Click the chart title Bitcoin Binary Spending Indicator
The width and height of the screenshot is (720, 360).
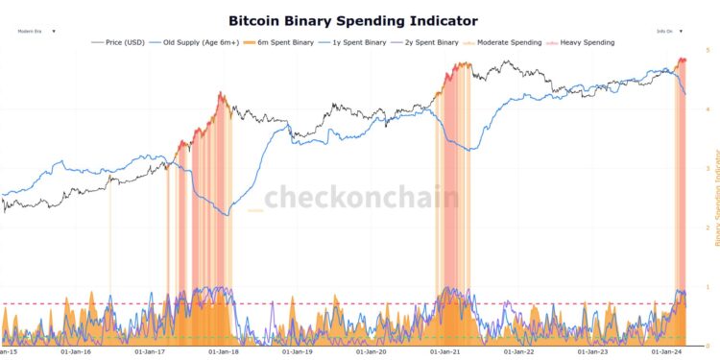[x=352, y=20]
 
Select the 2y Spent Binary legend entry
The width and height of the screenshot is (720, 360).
[x=427, y=42]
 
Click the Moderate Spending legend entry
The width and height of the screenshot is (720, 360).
[x=504, y=42]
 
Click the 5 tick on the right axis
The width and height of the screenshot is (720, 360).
[x=708, y=49]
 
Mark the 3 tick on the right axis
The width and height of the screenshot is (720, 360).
[x=708, y=168]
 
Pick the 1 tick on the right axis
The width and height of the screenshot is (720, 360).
[x=708, y=287]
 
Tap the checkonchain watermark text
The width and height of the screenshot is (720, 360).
[x=361, y=198]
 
